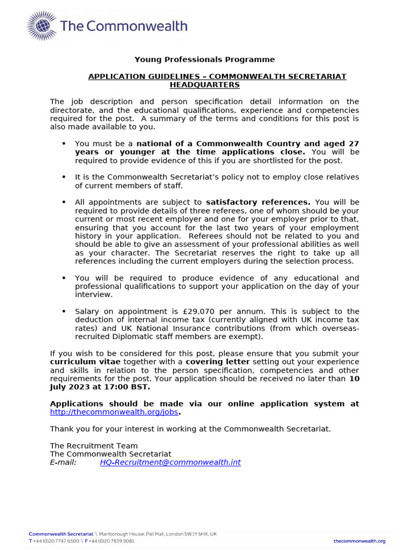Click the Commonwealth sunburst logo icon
(x=41, y=26)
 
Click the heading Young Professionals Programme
(x=204, y=60)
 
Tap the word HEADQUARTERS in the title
(x=204, y=85)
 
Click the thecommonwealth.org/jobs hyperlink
(x=114, y=412)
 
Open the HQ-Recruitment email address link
(x=170, y=463)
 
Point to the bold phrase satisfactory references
(x=258, y=202)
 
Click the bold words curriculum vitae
(x=85, y=362)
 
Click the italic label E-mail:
(x=63, y=463)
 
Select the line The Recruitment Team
(x=94, y=446)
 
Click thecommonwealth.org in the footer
(x=359, y=541)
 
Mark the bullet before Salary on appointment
(x=64, y=312)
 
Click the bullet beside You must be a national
(x=64, y=144)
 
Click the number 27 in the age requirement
(x=354, y=144)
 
